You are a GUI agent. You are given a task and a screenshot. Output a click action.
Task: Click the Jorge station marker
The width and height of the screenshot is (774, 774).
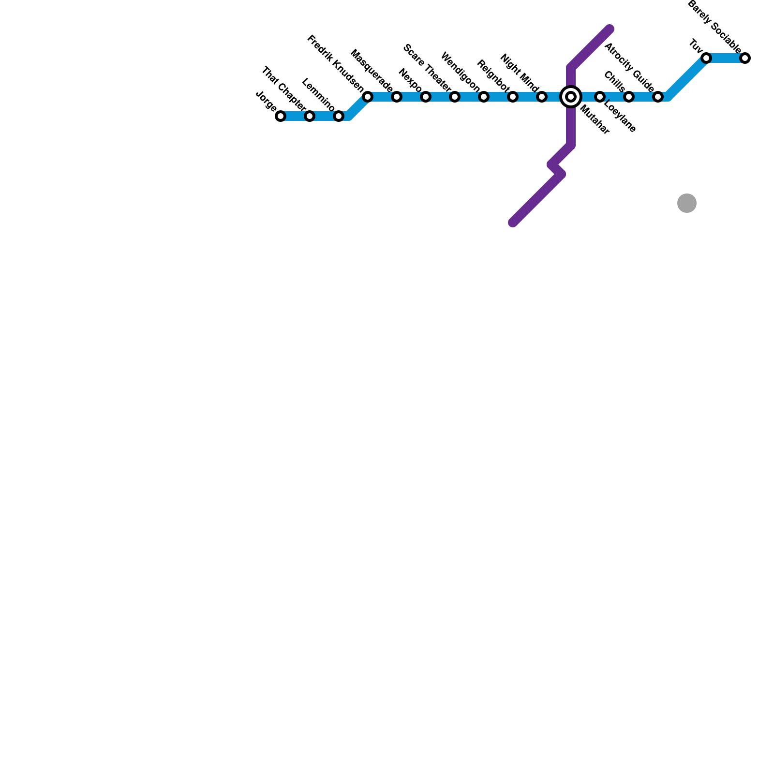click(x=281, y=116)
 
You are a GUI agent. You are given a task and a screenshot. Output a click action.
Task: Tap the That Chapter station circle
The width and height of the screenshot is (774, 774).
click(x=310, y=116)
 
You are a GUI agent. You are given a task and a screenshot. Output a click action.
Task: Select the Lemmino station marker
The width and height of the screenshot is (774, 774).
click(x=339, y=116)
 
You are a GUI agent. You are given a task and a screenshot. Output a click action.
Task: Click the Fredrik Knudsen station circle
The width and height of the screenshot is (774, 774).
click(x=368, y=97)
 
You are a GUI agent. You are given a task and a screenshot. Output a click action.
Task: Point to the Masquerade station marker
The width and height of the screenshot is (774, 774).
click(x=397, y=97)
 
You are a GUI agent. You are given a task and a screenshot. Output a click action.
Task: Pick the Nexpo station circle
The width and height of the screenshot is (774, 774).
click(x=426, y=97)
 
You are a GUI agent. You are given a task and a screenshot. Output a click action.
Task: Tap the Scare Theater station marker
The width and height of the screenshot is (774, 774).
click(x=455, y=97)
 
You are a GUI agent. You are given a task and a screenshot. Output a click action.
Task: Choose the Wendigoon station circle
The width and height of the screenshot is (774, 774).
click(x=484, y=97)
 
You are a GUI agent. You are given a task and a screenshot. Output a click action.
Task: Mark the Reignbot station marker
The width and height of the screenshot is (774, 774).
click(x=513, y=97)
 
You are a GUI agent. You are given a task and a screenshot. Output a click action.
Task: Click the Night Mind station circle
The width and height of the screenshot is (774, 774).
click(x=542, y=97)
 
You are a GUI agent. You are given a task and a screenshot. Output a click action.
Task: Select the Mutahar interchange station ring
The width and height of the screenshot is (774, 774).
click(x=571, y=97)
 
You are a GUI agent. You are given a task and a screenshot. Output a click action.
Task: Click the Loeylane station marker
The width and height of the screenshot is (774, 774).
click(x=600, y=97)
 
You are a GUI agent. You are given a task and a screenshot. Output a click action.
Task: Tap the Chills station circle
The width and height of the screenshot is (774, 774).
click(x=629, y=97)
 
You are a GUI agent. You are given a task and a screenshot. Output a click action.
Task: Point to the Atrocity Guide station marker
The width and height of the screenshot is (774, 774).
click(x=658, y=97)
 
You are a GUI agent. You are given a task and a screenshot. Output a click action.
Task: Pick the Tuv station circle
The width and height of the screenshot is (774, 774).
click(x=706, y=58)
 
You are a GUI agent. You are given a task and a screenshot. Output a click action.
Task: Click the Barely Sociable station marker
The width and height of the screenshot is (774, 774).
click(x=745, y=58)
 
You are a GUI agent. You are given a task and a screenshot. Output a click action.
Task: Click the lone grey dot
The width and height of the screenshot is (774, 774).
click(x=687, y=203)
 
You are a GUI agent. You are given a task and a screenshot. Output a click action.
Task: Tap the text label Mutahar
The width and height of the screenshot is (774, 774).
click(x=595, y=119)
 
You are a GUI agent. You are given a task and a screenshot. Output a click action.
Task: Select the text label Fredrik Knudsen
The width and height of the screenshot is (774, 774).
click(x=335, y=63)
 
